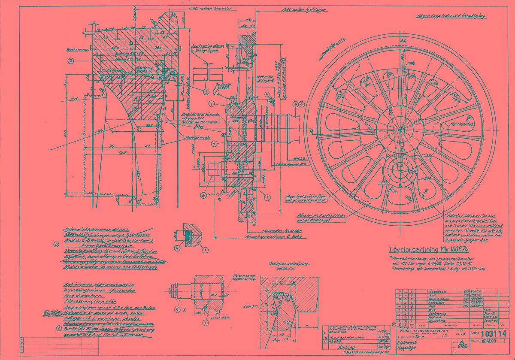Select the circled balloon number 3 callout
[x=206, y=91]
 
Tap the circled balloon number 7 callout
[x=217, y=92]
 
